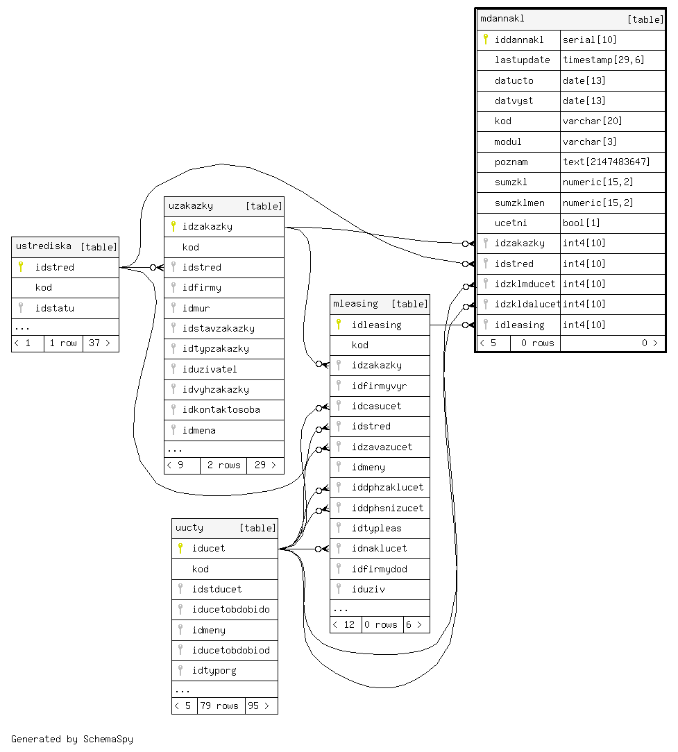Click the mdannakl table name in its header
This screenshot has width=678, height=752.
502,19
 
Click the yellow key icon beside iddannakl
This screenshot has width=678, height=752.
486,40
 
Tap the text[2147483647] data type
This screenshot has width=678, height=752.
606,162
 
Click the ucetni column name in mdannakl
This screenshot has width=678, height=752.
511,223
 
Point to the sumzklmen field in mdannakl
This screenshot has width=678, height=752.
519,203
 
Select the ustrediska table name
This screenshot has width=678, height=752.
43,246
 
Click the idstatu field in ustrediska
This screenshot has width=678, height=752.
55,308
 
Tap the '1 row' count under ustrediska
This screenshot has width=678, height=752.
63,343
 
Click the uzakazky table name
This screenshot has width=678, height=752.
191,205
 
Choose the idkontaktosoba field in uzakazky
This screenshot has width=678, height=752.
221,409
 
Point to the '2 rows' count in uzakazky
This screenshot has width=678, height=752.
223,465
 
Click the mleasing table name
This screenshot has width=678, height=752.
355,303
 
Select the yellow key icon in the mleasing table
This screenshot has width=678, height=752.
339,324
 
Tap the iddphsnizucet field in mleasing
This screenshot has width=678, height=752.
387,508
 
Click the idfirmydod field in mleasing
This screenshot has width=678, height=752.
379,569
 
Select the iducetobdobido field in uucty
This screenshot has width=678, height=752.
230,609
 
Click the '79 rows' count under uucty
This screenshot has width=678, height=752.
221,706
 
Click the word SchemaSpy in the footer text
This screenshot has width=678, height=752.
108,739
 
